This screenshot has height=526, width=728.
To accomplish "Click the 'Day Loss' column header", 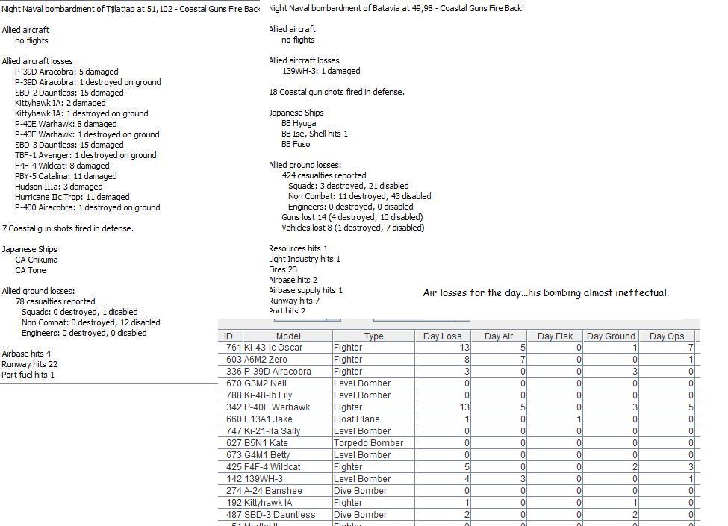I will (442, 336).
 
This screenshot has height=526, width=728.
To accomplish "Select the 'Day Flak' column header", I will (555, 336).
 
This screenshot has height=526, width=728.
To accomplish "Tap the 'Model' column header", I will (288, 336).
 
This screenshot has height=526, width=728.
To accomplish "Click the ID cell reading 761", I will (233, 348).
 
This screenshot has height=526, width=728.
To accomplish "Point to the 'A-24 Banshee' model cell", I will (273, 491).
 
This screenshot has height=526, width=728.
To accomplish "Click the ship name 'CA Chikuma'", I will (37, 260).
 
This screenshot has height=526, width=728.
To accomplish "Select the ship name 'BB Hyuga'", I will (299, 123).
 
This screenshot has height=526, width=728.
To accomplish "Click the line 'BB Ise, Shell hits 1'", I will (314, 134).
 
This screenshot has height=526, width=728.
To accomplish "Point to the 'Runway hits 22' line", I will (30, 364).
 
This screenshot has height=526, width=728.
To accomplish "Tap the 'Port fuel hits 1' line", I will (28, 375).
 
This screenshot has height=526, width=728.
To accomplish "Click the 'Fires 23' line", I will (284, 269).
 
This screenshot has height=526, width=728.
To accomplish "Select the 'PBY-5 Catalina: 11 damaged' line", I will (66, 176).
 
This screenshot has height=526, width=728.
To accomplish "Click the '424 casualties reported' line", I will (324, 175).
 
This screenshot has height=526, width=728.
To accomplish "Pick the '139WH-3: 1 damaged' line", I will (321, 71).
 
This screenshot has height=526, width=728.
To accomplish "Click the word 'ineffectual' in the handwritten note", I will (642, 293).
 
